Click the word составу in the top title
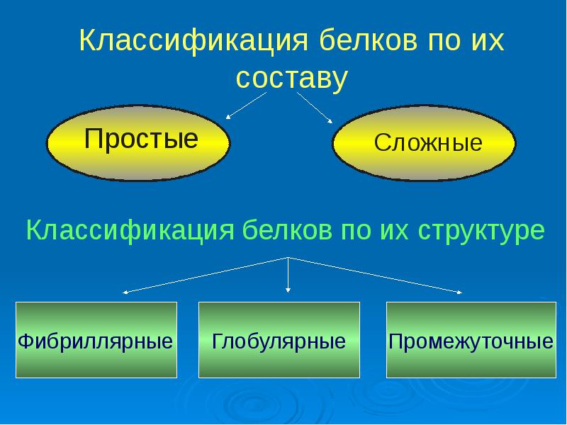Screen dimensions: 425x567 (292, 78)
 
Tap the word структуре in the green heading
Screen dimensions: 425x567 (482, 230)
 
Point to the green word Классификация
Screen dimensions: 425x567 (130, 230)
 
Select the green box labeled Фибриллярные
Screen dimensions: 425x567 (96, 340)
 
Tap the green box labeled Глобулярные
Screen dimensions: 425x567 (279, 340)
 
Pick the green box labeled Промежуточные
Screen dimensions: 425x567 (471, 340)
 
